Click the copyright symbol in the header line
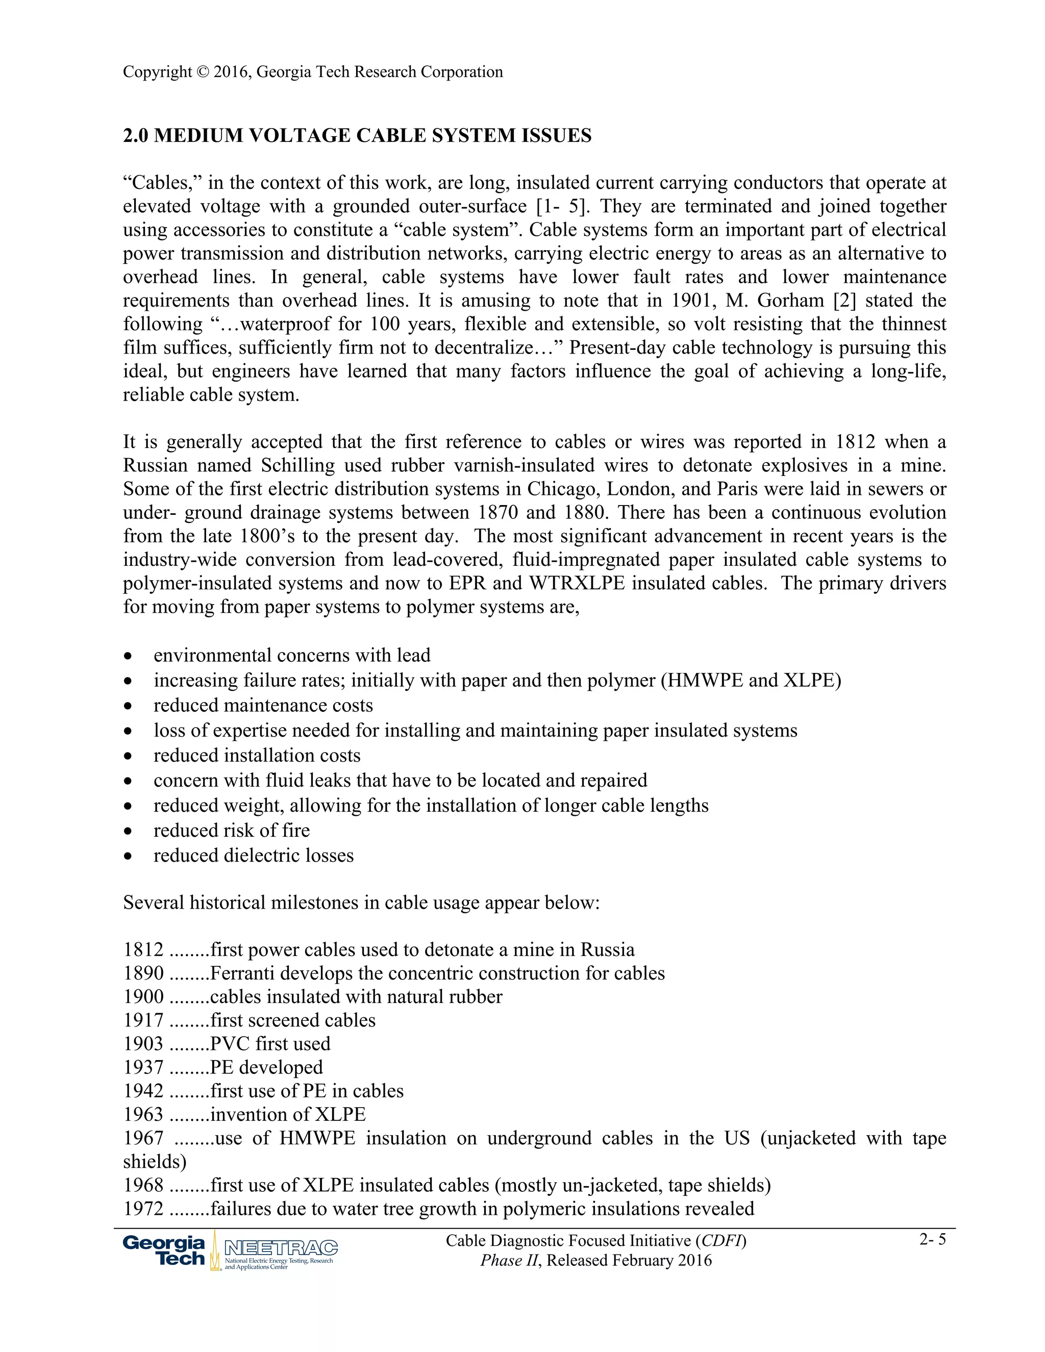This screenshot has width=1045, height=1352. pyautogui.click(x=203, y=72)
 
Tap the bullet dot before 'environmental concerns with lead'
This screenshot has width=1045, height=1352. pyautogui.click(x=128, y=656)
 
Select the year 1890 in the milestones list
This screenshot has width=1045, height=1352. pyautogui.click(x=143, y=972)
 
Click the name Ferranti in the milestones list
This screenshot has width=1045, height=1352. pyautogui.click(x=238, y=972)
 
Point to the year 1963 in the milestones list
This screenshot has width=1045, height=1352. pyautogui.click(x=143, y=1114)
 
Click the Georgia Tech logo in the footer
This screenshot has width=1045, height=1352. pyautogui.click(x=164, y=1250)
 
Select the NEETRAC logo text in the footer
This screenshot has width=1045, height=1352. pyautogui.click(x=281, y=1247)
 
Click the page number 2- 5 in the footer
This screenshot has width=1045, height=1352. pyautogui.click(x=932, y=1239)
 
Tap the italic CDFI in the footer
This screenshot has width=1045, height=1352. pyautogui.click(x=720, y=1241)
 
